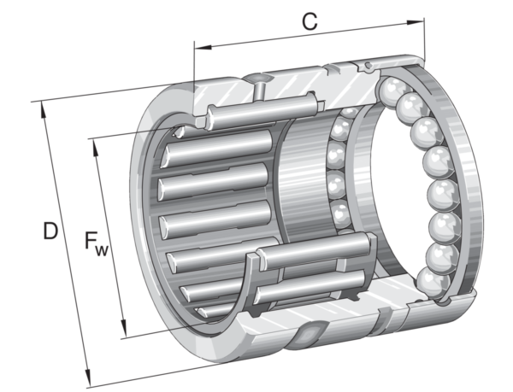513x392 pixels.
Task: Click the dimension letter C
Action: coord(310,22)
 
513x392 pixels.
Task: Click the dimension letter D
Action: coord(50,231)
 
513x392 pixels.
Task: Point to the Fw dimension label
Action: coord(96,243)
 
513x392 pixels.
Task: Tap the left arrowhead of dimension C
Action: coord(203,47)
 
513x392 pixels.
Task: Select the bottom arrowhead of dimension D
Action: coord(87,377)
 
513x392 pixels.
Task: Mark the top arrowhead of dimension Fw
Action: coord(96,147)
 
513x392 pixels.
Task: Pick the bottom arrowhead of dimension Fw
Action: coord(123,329)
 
